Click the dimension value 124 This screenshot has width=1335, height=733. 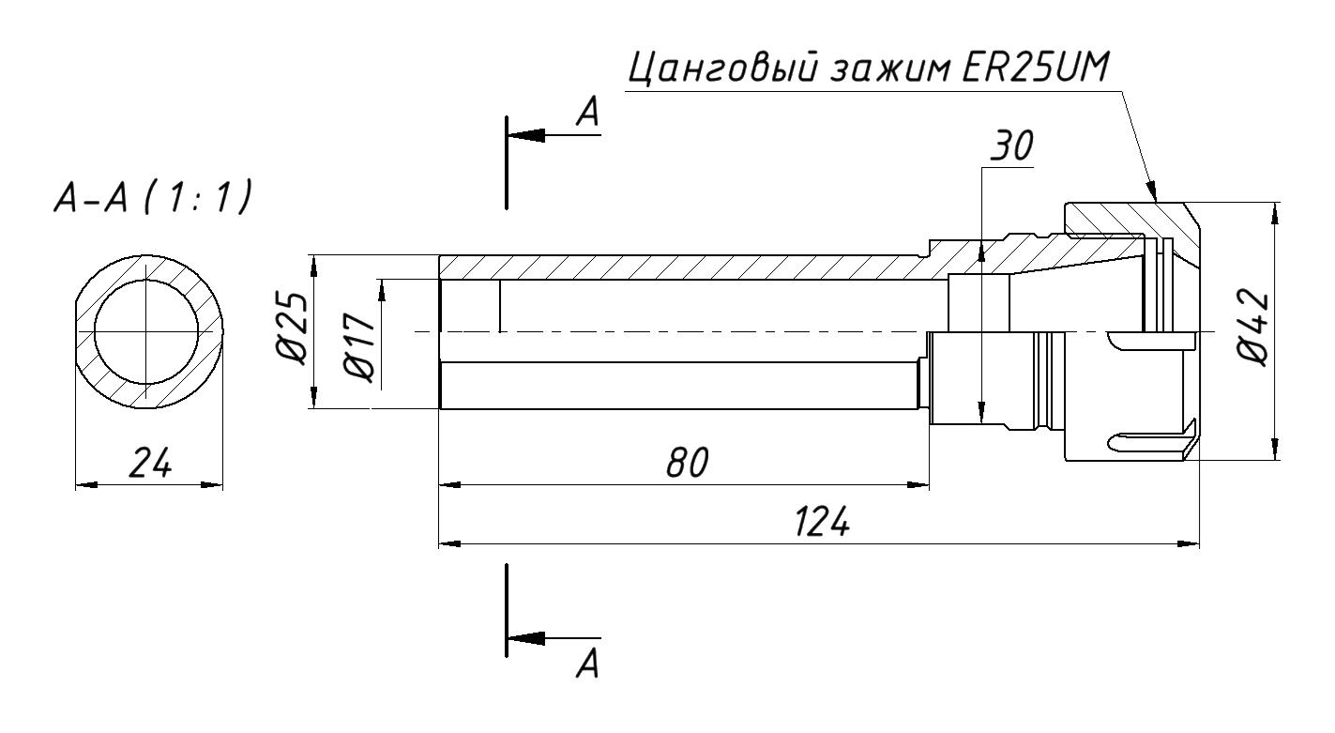(822, 521)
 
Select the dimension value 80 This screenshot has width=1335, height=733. (684, 463)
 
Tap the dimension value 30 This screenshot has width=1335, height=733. (1011, 146)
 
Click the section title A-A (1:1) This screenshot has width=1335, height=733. (149, 197)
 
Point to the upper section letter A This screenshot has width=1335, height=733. (587, 113)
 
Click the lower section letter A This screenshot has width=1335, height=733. (587, 664)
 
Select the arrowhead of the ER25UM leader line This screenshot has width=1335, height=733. (1153, 192)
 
